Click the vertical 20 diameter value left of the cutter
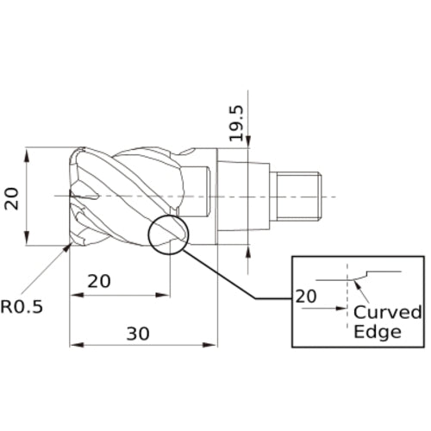pyautogui.click(x=11, y=198)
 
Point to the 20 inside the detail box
pyautogui.click(x=306, y=296)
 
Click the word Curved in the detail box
pyautogui.click(x=388, y=311)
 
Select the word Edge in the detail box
pyautogui.click(x=378, y=332)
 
